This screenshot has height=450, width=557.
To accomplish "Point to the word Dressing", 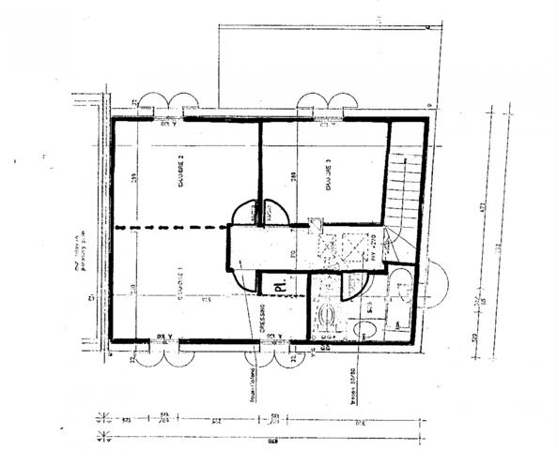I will [262, 318].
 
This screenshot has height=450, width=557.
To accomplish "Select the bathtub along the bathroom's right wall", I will [402, 298].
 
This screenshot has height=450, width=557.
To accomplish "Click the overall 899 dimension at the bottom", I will [273, 442].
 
